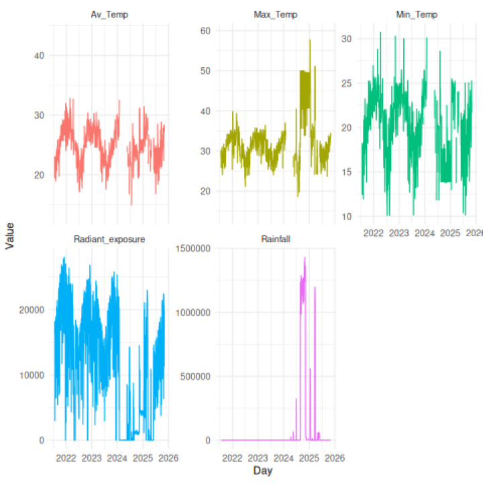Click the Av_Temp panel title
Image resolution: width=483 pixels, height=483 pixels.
110,14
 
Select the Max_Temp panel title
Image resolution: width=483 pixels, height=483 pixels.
275,14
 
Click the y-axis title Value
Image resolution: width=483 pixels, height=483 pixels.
9,236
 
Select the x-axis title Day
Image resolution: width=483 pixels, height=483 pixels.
262,471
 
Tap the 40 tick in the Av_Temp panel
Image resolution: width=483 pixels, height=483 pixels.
40,56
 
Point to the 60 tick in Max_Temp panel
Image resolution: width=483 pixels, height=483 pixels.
205,31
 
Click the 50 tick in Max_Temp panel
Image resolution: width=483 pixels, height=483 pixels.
205,71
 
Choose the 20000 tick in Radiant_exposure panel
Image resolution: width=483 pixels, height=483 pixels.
32,310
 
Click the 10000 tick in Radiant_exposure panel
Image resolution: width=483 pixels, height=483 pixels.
32,375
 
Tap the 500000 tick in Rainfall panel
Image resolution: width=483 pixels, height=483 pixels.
195,376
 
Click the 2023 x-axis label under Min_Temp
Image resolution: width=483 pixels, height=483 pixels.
399,233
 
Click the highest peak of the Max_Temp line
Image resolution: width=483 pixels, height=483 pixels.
310,40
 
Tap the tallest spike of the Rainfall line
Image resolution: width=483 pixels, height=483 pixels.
305,257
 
